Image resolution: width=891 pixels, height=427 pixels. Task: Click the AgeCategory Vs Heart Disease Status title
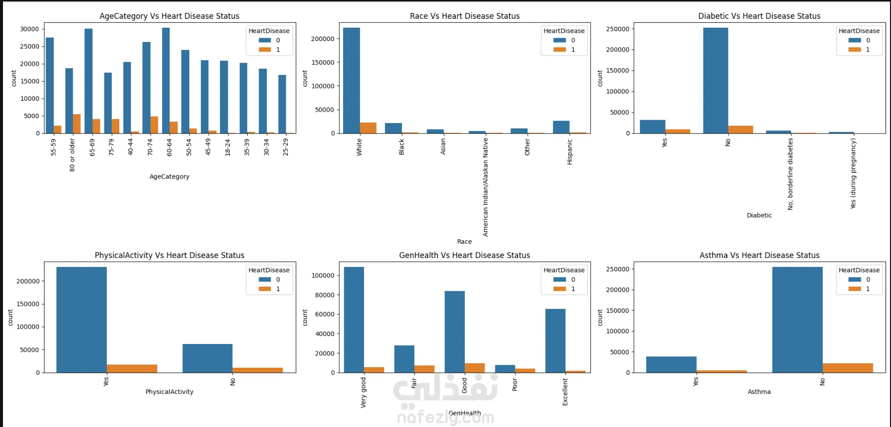coord(169,16)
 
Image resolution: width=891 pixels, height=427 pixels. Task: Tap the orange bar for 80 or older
coord(77,124)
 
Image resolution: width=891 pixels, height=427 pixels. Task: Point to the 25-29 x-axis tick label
coord(285,147)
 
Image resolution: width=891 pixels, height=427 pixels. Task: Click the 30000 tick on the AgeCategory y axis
coord(29,29)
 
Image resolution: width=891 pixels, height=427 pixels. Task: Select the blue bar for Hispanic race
coord(561,127)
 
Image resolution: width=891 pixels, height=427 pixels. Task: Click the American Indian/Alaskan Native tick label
coord(486,187)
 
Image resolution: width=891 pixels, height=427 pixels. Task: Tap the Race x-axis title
coord(464,242)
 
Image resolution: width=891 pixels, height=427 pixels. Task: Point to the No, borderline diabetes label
coord(790,174)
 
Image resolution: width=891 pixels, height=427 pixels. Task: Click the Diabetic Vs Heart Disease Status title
coord(759,16)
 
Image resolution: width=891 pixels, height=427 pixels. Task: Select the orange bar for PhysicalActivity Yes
coord(132,368)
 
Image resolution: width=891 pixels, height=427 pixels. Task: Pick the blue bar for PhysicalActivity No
coord(207,358)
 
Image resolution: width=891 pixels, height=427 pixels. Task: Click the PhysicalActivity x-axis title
coord(169,392)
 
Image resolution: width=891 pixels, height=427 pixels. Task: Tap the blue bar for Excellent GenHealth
coord(555,341)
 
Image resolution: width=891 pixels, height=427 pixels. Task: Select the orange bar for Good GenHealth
coord(475,368)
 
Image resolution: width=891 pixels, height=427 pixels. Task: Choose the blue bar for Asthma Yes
coord(671,364)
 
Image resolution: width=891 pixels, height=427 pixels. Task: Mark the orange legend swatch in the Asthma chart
coord(854,289)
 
